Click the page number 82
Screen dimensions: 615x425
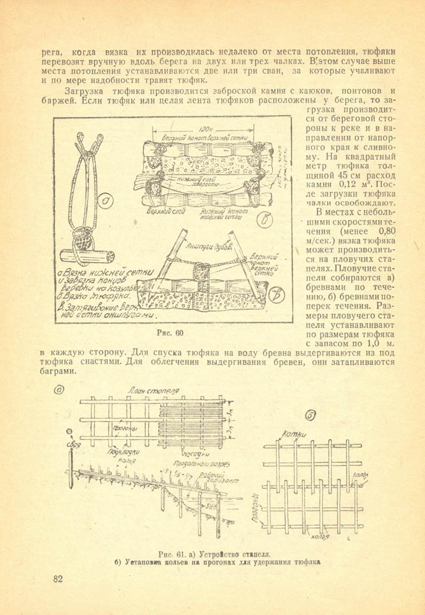click(58, 579)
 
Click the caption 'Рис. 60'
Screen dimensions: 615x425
click(171, 333)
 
